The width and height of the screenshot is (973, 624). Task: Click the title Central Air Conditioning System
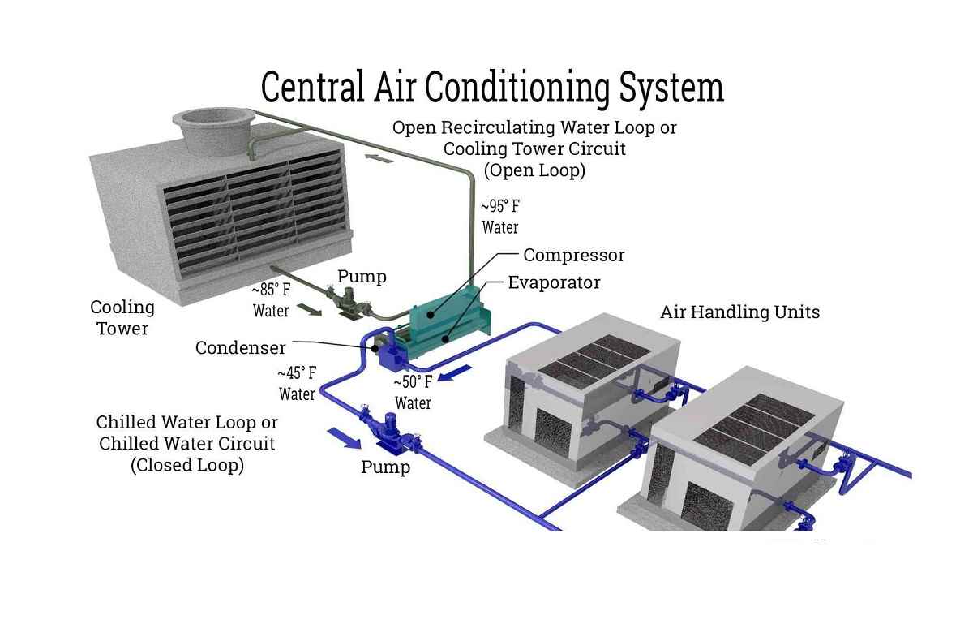492,88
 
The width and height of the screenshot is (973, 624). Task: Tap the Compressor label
573,256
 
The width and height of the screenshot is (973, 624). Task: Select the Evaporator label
554,282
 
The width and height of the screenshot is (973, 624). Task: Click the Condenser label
240,348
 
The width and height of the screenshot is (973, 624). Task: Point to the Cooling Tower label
122,318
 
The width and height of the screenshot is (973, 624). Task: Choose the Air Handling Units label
739,312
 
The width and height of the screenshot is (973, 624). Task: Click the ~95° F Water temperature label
500,217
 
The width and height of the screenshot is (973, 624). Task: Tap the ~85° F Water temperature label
271,300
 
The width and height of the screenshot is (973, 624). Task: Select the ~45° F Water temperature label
297,384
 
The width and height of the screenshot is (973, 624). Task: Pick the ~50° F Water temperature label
413,393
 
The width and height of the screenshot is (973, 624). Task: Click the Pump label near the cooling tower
362,277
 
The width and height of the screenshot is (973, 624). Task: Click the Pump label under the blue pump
386,467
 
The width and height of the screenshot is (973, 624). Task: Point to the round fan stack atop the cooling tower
213,130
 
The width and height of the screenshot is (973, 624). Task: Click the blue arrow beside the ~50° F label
454,373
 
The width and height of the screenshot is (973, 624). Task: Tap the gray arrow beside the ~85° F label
309,310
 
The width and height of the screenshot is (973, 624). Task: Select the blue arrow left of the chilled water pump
344,438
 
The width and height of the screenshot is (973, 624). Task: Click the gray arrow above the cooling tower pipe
379,158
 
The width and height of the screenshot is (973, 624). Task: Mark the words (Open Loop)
534,170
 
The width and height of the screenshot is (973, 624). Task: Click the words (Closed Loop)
187,465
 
